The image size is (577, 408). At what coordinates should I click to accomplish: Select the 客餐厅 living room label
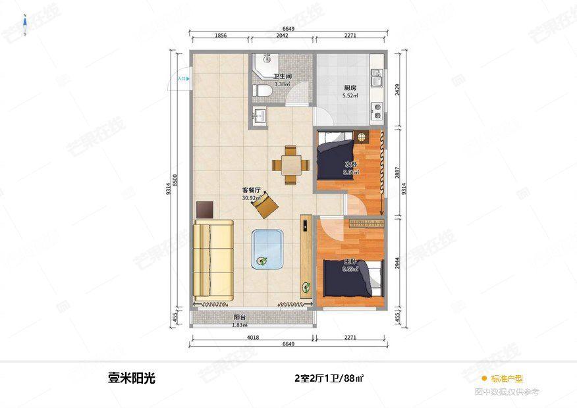pyautogui.click(x=252, y=191)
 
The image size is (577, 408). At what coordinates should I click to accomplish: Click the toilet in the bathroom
pyautogui.click(x=261, y=91)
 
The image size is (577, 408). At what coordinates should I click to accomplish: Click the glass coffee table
pyautogui.click(x=267, y=249)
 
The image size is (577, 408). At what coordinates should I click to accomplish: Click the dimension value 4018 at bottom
pyautogui.click(x=252, y=338)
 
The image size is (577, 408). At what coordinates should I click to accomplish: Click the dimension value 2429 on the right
pyautogui.click(x=397, y=89)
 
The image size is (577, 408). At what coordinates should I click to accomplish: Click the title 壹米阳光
pyautogui.click(x=132, y=378)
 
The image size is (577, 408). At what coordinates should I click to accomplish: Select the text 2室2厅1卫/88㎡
pyautogui.click(x=329, y=378)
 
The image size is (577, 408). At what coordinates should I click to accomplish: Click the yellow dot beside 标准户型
pyautogui.click(x=484, y=378)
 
